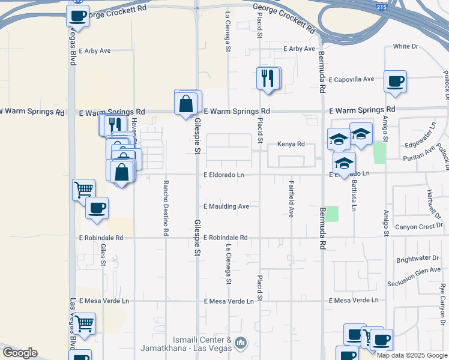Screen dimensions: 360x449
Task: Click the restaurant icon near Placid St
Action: coord(268,78)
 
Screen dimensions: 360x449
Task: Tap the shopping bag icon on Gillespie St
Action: coord(186,103)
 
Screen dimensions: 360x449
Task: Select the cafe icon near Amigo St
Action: coord(395,82)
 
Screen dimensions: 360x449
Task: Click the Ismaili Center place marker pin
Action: coord(241,343)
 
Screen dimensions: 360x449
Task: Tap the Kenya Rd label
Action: coord(291,144)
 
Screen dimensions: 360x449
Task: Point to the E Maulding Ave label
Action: coord(226,206)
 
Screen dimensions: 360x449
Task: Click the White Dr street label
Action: coord(405,46)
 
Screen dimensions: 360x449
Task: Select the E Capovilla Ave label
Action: coord(351,79)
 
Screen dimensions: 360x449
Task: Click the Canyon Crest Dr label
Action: coord(420,226)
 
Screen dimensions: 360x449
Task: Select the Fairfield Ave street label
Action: coord(291,199)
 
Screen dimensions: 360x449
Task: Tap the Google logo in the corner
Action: coord(20,353)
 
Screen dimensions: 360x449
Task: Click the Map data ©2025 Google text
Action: coord(412,355)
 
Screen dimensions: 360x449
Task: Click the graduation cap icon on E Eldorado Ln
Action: coord(345,163)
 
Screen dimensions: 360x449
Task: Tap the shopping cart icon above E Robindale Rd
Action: coord(83,190)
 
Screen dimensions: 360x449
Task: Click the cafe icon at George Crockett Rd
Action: coord(78,16)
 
